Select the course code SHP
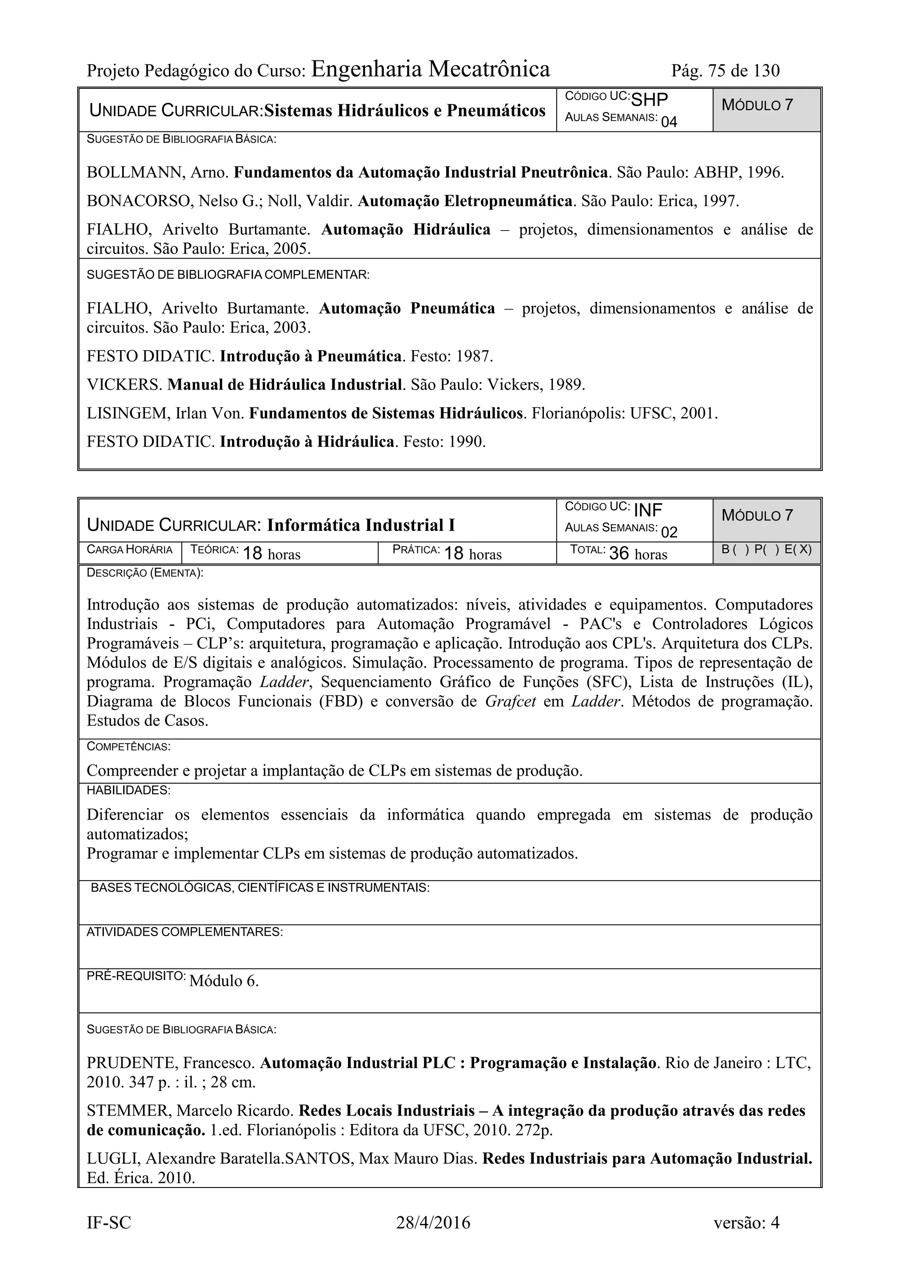[x=649, y=100]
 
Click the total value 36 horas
[x=638, y=554]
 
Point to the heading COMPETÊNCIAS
[x=128, y=747]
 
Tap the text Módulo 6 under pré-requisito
[x=224, y=981]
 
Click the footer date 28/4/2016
[x=433, y=1223]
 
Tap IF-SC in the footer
[x=109, y=1223]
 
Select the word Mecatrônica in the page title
[x=489, y=69]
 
